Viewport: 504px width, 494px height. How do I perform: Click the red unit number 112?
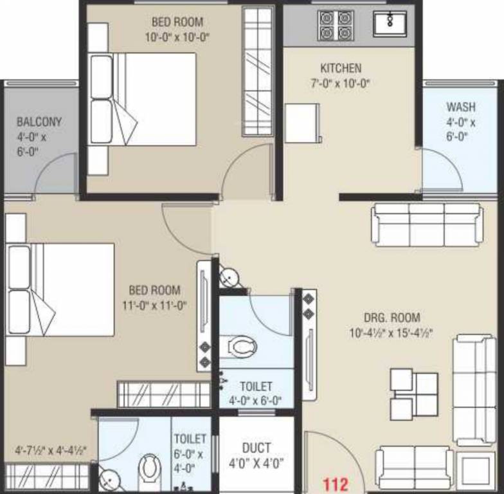point(335,482)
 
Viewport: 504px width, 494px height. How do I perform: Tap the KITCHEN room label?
point(341,68)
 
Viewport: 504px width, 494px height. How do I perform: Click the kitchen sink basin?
point(390,24)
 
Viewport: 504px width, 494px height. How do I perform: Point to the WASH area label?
point(461,106)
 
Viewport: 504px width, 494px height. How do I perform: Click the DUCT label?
point(256,448)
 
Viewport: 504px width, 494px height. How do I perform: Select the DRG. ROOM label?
point(392,317)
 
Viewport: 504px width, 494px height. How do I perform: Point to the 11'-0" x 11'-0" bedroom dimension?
point(154,306)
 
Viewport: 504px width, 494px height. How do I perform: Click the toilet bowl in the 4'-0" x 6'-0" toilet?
point(244,348)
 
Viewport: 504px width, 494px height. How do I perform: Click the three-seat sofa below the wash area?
point(426,224)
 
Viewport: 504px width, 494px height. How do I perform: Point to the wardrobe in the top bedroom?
point(257,71)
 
